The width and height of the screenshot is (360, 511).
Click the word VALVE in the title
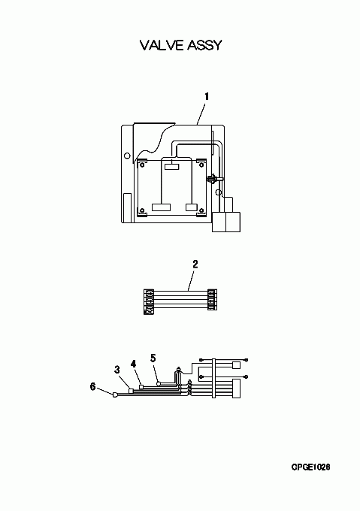click(161, 45)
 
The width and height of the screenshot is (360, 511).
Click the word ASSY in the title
click(203, 45)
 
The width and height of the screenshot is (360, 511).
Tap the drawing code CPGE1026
click(310, 467)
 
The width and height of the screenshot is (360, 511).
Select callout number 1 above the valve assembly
click(207, 97)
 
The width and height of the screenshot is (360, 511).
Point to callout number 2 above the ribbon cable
click(195, 264)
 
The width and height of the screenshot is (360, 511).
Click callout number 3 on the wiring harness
click(117, 370)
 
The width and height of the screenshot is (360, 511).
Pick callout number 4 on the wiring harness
click(133, 364)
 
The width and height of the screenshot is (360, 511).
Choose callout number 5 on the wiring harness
click(153, 358)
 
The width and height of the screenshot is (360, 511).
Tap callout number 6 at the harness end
click(93, 387)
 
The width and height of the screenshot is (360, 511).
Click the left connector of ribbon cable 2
click(148, 302)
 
